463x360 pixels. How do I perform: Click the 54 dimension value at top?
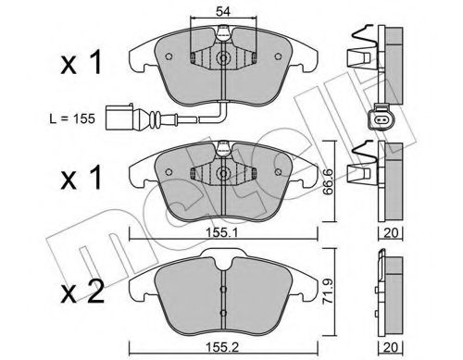click(x=223, y=12)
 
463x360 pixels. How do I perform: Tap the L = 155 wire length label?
click(x=72, y=118)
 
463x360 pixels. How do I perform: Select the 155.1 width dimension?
click(x=222, y=232)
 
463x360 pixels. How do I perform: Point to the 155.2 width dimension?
click(x=222, y=347)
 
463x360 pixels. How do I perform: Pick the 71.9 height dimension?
click(x=329, y=292)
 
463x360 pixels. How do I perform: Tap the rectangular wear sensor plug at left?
click(x=119, y=118)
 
